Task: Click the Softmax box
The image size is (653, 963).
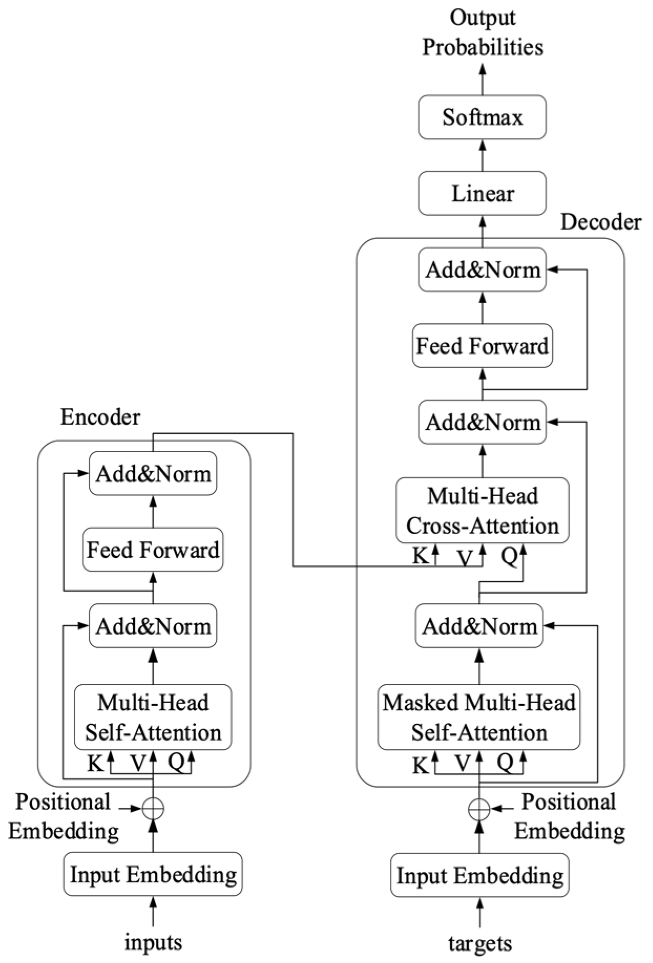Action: (482, 117)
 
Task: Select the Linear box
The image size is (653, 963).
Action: (482, 194)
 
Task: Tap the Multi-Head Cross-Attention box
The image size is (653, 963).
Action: (482, 510)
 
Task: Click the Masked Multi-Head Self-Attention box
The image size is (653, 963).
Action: (479, 717)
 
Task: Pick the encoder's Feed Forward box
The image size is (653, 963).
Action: (153, 550)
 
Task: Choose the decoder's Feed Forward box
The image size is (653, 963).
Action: (482, 346)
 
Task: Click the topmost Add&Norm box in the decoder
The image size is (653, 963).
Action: (482, 270)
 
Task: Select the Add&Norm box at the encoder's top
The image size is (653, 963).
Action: (153, 474)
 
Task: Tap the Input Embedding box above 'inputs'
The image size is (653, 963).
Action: (153, 874)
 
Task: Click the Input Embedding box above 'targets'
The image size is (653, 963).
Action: (479, 875)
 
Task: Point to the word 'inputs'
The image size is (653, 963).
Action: (153, 943)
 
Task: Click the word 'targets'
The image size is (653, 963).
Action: (479, 943)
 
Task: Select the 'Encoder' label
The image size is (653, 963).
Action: (100, 418)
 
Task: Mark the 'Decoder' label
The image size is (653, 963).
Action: (601, 222)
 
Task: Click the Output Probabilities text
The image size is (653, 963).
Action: (482, 33)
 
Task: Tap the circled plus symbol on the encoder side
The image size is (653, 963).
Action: (153, 808)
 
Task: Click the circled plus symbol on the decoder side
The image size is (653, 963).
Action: (479, 809)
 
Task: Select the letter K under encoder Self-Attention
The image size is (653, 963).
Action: (96, 763)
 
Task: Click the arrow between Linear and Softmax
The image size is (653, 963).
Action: (482, 155)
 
